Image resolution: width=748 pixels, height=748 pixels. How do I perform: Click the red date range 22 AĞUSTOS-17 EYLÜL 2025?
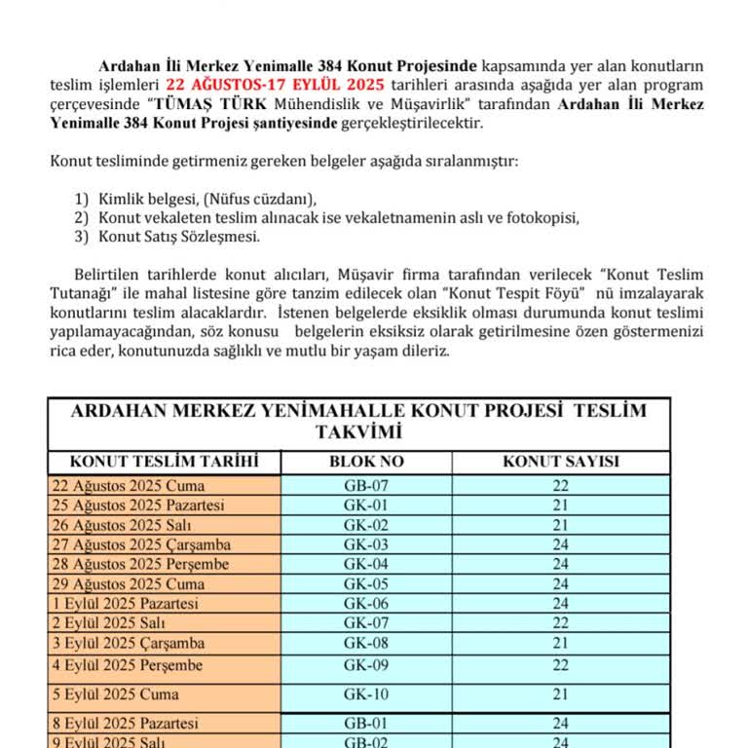click(x=275, y=84)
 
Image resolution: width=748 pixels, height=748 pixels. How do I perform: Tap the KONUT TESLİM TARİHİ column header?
click(x=164, y=463)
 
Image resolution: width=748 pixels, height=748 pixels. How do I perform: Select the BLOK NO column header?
click(x=366, y=463)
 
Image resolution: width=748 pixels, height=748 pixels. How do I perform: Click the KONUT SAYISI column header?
click(x=561, y=463)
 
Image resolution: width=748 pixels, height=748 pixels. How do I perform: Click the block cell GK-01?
click(x=366, y=505)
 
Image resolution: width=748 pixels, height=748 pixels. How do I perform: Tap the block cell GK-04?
click(x=366, y=564)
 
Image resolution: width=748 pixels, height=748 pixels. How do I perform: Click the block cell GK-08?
click(x=366, y=643)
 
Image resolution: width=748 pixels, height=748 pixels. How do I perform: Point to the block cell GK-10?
click(x=366, y=694)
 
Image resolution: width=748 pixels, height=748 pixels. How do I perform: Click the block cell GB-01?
click(x=366, y=724)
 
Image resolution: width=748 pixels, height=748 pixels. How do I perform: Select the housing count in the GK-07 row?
click(x=561, y=623)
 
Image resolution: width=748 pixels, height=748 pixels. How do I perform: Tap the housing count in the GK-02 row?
click(x=561, y=525)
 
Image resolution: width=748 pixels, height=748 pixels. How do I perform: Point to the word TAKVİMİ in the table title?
click(x=358, y=431)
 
